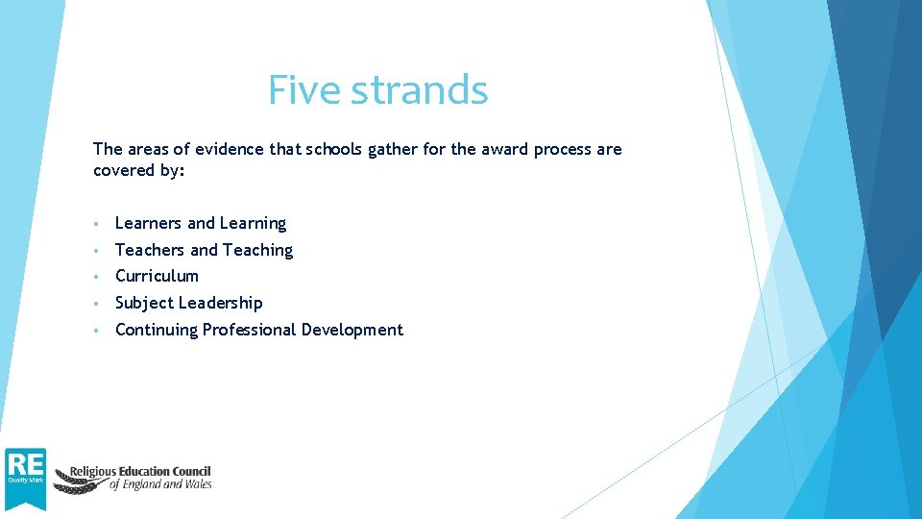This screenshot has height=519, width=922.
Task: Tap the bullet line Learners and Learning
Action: tap(200, 223)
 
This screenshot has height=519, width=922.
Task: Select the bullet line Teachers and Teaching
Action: tap(204, 250)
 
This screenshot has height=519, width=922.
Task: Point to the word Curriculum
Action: tap(157, 276)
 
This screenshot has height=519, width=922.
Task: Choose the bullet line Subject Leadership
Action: tap(188, 303)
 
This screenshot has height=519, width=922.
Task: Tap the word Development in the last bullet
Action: tap(352, 330)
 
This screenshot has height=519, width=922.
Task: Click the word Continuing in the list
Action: tap(156, 330)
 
